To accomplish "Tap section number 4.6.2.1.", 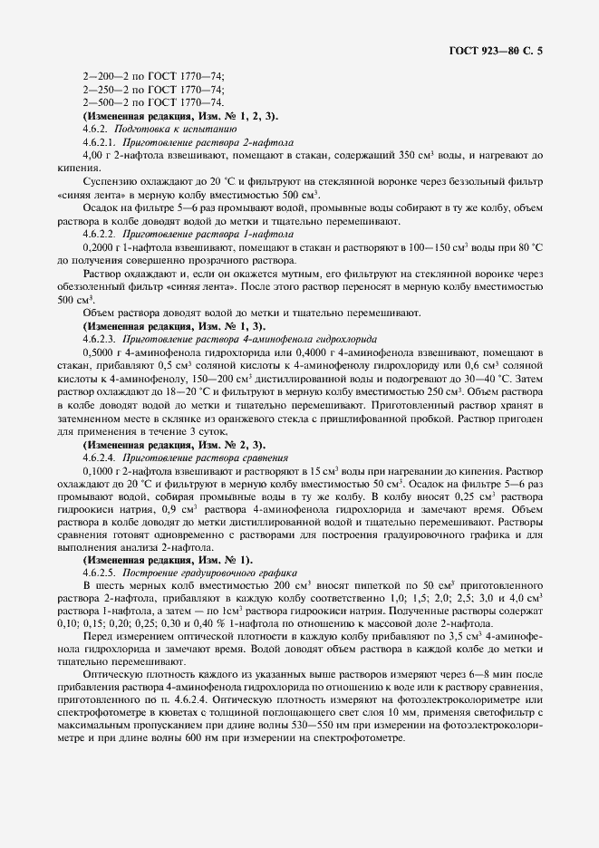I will pyautogui.click(x=99, y=142).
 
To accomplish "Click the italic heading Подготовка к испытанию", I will pyautogui.click(x=159, y=130).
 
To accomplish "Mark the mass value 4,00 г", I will pyautogui.click(x=93, y=155).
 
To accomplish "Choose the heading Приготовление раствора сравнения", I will pyautogui.click(x=191, y=458).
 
